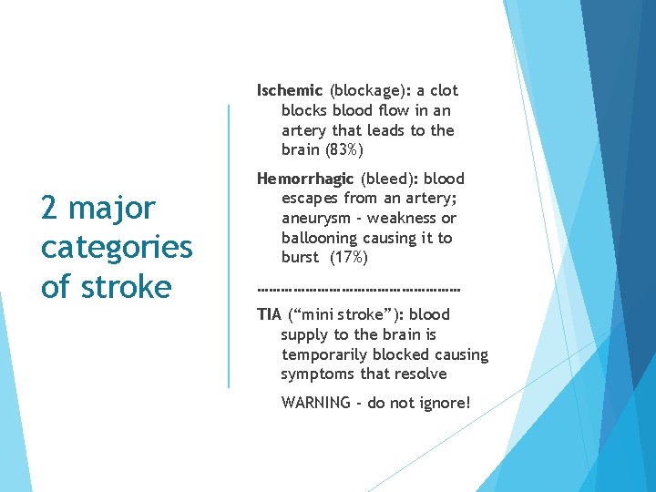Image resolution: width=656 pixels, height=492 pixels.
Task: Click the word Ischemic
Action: click(x=290, y=90)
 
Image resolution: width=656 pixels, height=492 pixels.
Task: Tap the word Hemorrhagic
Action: click(x=305, y=179)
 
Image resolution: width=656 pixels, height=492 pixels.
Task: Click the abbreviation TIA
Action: click(x=269, y=314)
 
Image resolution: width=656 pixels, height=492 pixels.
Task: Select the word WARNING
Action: click(x=315, y=402)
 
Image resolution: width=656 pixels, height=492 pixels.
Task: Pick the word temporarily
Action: click(x=325, y=354)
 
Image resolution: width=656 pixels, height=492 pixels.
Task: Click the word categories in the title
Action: click(x=117, y=247)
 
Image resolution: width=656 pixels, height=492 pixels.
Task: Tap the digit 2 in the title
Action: click(x=50, y=208)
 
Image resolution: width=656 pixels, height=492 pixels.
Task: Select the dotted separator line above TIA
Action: click(x=359, y=290)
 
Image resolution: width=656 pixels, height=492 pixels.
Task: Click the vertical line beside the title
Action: click(x=228, y=246)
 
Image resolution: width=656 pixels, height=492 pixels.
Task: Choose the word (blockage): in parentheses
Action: click(x=370, y=90)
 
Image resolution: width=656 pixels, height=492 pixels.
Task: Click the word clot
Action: click(x=443, y=90)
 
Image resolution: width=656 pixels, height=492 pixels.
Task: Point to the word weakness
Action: click(x=405, y=219)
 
